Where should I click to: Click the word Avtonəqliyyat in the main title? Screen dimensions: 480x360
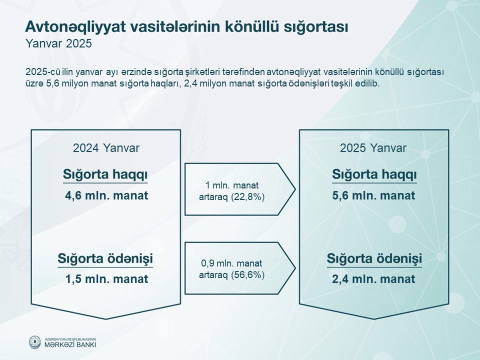tap(75, 27)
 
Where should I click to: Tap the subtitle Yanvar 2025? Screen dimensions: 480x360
tap(58, 43)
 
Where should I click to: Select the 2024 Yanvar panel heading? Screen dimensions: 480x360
tap(106, 148)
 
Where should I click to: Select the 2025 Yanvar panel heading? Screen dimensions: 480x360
tap(373, 148)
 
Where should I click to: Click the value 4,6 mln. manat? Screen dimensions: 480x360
tap(106, 195)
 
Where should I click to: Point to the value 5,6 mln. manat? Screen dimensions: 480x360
tap(373, 195)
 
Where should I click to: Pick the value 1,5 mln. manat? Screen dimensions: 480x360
tap(106, 279)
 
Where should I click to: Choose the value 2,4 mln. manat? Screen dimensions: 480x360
tap(373, 279)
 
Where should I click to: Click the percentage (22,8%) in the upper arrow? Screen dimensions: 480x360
tap(248, 197)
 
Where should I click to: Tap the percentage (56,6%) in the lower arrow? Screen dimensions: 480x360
tap(248, 275)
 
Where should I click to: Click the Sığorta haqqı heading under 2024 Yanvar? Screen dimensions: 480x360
tap(105, 175)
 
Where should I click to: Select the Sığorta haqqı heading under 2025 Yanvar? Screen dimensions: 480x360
tap(374, 175)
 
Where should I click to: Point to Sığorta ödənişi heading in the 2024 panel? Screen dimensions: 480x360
tap(105, 258)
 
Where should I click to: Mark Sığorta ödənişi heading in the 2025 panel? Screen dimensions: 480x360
tap(374, 258)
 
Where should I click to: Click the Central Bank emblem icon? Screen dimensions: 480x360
tap(35, 342)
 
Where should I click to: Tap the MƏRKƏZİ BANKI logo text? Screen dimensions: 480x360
tap(70, 344)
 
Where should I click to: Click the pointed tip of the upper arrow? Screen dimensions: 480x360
tap(295, 189)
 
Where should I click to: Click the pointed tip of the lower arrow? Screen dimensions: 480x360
tap(295, 268)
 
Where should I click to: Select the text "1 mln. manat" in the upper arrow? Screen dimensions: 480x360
tap(231, 185)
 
